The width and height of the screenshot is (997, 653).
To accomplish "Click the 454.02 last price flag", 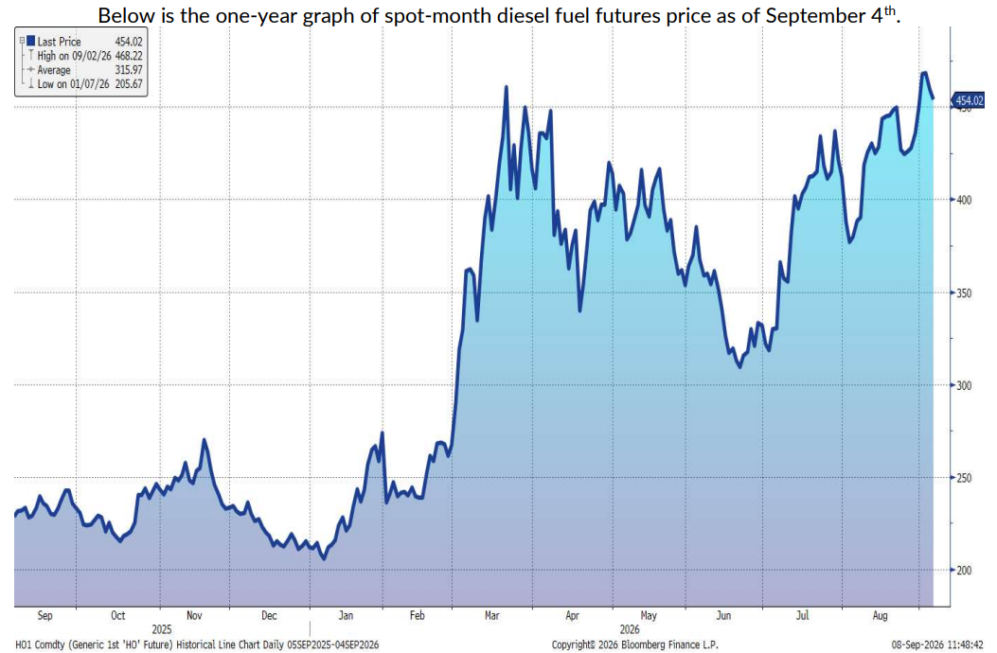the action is coord(968,100).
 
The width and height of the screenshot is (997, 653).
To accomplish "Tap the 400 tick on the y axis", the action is coord(964,200).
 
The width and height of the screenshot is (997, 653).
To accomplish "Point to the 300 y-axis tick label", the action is coord(964,385).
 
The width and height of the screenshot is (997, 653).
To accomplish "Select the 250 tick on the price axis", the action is coord(964,478).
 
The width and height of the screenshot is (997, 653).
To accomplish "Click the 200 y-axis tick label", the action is coord(964,571).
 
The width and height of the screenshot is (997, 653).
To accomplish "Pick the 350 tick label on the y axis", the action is coord(964,293).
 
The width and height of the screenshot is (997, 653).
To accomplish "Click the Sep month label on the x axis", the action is coord(45,615).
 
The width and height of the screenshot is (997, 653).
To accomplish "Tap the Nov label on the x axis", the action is coord(194,615).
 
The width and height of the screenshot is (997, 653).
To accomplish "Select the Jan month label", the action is coord(346,615).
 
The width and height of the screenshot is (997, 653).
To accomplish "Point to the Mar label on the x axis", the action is coord(491,615).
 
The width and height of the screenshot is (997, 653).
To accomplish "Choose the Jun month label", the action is coord(723,615).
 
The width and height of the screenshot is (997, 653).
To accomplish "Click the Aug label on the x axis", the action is coord(880,615).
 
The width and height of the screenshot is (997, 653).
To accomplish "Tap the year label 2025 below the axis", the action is coord(162,629).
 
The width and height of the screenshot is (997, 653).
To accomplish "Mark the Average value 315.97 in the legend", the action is coord(129,70).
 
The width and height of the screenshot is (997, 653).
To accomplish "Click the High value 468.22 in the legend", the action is coord(129,56).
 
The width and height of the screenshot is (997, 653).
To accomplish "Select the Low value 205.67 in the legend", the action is coord(129,84).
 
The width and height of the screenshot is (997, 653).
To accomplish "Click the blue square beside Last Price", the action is coord(30,42).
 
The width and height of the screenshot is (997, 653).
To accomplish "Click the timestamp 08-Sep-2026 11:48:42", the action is coord(937,644).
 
